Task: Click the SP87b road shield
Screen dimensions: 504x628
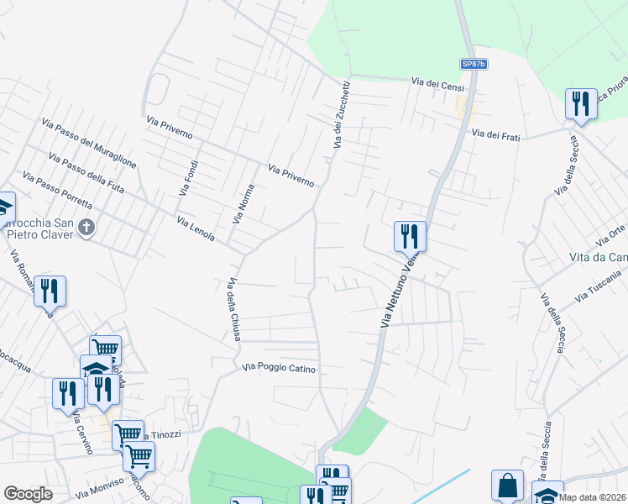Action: (473, 64)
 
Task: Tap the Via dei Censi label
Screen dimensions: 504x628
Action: (437, 82)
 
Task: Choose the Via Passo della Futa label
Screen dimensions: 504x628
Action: (86, 174)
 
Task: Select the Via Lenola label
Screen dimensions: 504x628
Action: (196, 227)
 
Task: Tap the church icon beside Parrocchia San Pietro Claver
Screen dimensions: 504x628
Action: (86, 227)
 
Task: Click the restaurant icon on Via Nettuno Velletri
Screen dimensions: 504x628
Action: (410, 235)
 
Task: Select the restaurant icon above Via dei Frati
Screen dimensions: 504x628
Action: (580, 103)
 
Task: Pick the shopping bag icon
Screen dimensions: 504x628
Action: (507, 486)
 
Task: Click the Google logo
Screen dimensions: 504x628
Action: (28, 493)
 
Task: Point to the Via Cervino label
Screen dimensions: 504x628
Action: (81, 432)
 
